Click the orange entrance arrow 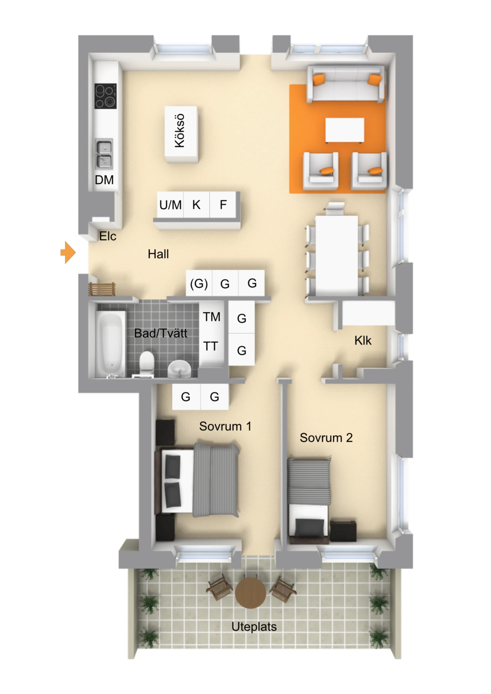[68, 252]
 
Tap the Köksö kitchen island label [180, 131]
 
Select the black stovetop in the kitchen [105, 96]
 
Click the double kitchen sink [104, 154]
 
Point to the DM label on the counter [104, 180]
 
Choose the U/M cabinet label [170, 205]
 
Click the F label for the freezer [223, 205]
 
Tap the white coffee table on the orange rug [345, 130]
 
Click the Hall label [158, 254]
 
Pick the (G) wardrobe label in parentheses [199, 283]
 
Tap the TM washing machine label [211, 317]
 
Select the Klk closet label [363, 341]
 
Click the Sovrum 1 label [225, 426]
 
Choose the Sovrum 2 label [326, 437]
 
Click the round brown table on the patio [250, 593]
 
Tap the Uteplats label [254, 627]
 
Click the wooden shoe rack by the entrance [102, 289]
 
